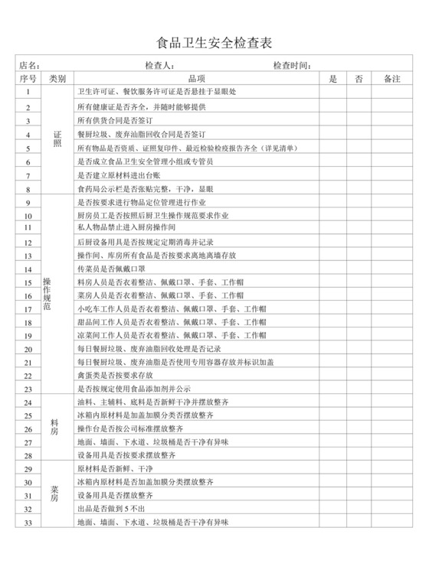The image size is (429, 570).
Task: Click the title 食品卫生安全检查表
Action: [214, 42]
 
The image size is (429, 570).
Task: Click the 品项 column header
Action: [196, 79]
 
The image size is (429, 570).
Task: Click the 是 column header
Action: [332, 79]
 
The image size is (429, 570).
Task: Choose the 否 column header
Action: [359, 79]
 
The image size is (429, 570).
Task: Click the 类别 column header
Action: [57, 79]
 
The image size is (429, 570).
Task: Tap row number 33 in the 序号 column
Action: [28, 523]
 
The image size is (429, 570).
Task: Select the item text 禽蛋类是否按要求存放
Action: [116, 375]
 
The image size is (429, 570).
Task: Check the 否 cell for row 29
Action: [359, 468]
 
